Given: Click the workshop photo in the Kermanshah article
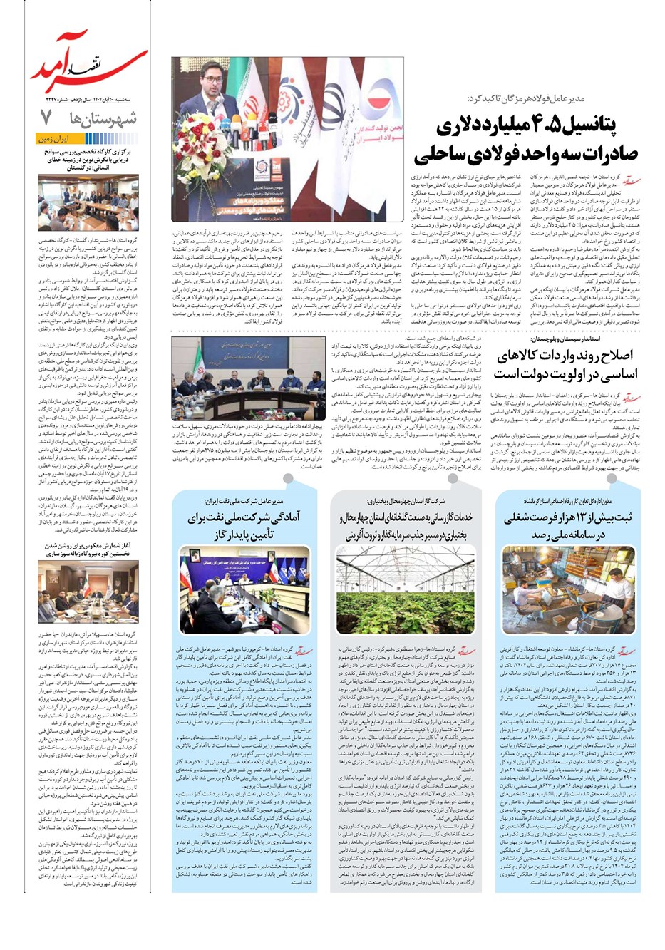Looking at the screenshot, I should pos(568,589).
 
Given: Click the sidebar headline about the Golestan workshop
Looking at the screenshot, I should pos(88,160).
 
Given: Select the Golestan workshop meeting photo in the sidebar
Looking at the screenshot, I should pos(88,202).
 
